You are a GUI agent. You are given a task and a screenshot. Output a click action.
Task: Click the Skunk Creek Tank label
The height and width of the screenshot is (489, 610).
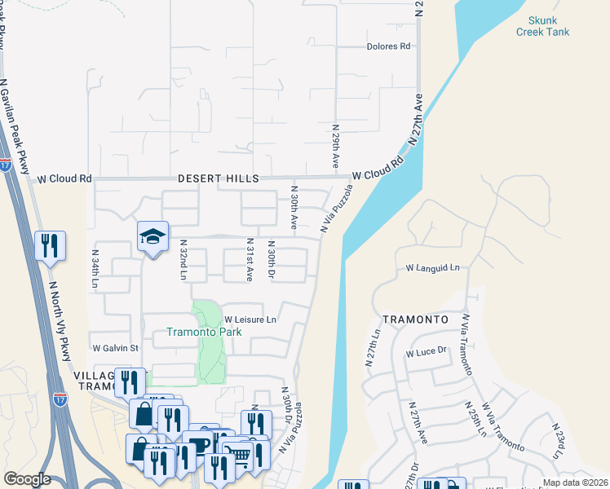tap(542, 25)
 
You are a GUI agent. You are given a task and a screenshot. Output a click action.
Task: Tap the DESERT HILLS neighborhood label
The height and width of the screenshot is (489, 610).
tap(218, 178)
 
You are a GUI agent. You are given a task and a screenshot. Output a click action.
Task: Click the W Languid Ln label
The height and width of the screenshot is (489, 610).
tap(433, 267)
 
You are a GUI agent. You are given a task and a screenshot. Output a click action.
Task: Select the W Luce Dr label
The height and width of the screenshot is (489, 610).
tap(427, 352)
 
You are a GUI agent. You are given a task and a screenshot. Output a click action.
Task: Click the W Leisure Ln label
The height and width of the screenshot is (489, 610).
tap(250, 319)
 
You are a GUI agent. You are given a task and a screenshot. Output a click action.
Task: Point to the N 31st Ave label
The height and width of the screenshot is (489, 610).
tap(250, 260)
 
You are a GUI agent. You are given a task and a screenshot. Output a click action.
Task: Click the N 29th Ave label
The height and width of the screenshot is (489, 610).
tap(335, 147)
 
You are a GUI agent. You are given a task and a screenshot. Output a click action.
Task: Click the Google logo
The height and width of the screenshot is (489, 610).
tap(27, 480)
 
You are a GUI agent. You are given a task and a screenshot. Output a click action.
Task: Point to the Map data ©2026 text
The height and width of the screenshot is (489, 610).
tap(575, 482)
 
